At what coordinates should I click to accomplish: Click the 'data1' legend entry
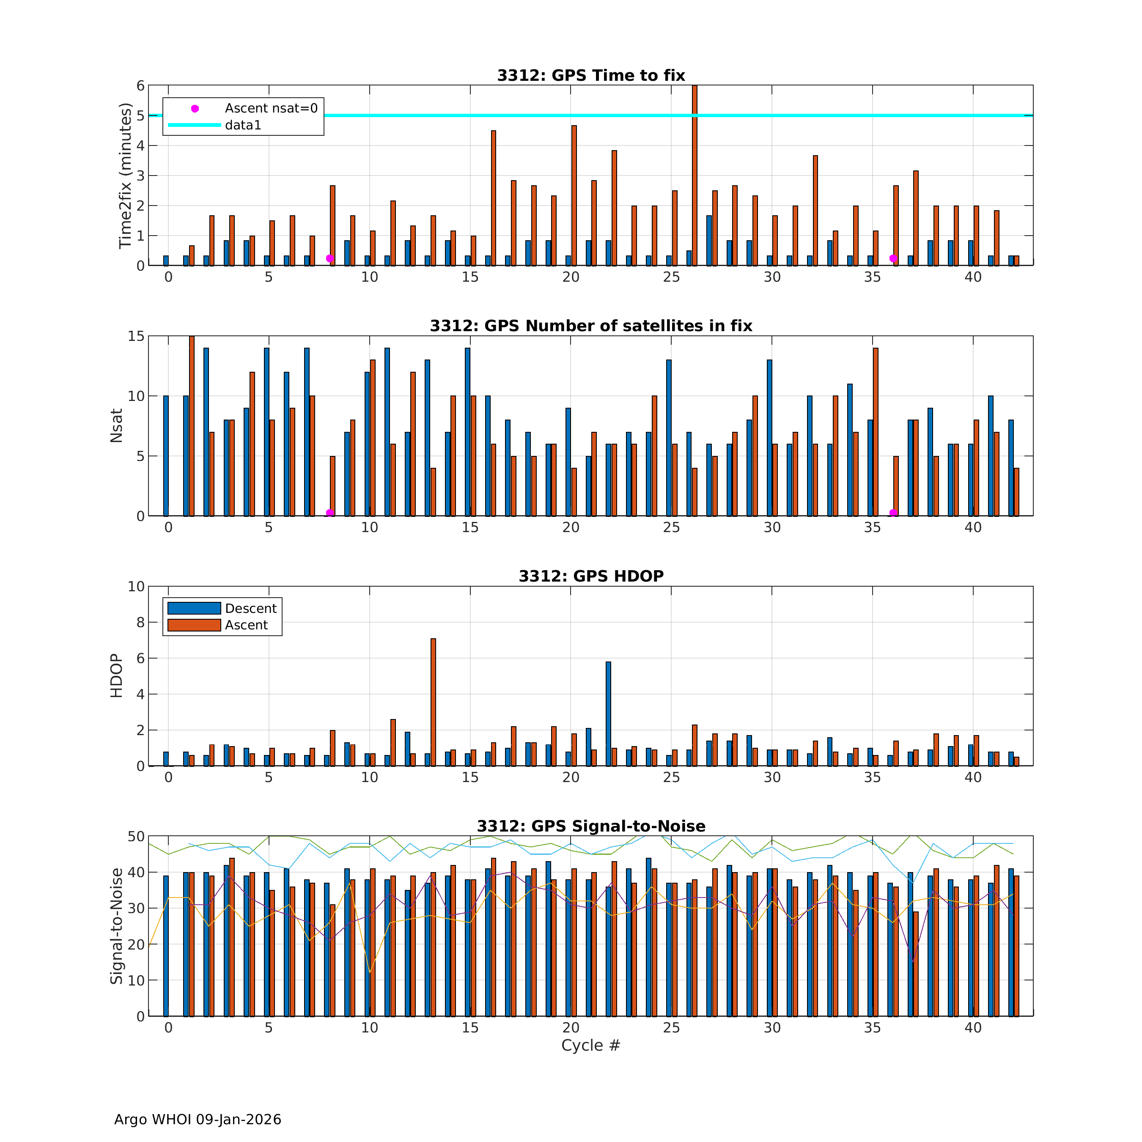[x=243, y=125]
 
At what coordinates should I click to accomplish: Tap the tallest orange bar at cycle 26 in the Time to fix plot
[x=695, y=177]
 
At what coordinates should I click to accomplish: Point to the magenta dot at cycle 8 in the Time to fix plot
[x=330, y=258]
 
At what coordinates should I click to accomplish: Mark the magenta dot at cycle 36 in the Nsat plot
[x=893, y=513]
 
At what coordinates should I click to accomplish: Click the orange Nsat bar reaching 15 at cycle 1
[x=192, y=426]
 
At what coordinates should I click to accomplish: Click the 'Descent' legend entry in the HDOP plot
[x=251, y=608]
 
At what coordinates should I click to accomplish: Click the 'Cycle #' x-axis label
[x=590, y=1062]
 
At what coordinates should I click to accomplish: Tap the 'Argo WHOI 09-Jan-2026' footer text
[x=198, y=1120]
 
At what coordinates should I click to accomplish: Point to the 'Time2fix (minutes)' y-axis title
[x=125, y=176]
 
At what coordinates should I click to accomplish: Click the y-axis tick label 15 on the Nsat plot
[x=136, y=336]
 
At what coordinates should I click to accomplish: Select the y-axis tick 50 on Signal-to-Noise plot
[x=136, y=836]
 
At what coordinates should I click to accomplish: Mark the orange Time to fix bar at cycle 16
[x=494, y=198]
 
